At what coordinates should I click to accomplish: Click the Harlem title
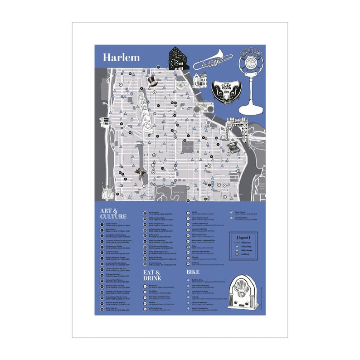[x=115, y=58]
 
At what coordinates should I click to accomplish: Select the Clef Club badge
[x=223, y=87]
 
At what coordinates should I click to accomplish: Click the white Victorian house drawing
[x=199, y=80]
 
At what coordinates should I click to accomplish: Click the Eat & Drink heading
[x=152, y=275]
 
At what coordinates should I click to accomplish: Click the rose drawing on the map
[x=183, y=86]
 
